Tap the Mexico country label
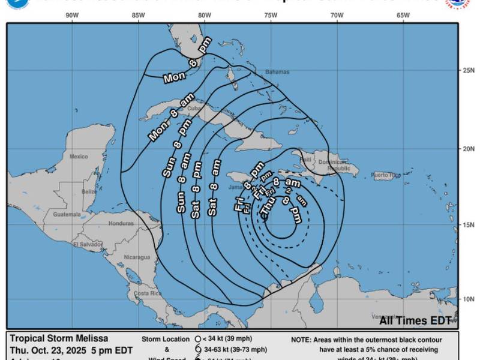click(x=78, y=157)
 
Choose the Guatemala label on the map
click(x=67, y=214)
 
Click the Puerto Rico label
click(x=385, y=175)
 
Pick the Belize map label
click(x=89, y=191)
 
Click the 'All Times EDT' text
click(x=415, y=320)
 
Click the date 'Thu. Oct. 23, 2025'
click(x=49, y=349)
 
